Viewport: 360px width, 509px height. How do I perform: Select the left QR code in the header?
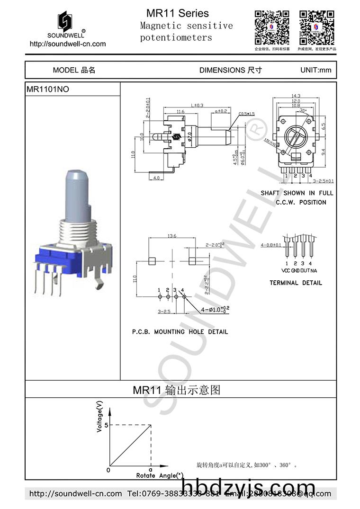coord(272,27)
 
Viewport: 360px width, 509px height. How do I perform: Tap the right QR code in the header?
coord(316,27)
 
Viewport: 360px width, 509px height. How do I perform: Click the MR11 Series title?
coord(178,13)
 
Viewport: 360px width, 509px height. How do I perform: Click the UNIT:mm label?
coord(315,70)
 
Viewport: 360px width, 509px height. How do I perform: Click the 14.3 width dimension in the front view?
coord(296,96)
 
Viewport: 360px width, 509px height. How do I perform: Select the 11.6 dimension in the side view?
coord(180,112)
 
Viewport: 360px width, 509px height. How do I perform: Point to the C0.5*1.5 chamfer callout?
coord(246,114)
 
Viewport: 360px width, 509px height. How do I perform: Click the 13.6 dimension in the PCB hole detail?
coord(172,236)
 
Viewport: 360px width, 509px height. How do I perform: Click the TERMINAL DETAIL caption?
coord(296,283)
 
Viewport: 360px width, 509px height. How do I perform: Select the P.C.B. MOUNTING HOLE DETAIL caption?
coord(180,332)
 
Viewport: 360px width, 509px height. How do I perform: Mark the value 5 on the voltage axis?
coord(106,425)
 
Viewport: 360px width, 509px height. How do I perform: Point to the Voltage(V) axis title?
coord(99,416)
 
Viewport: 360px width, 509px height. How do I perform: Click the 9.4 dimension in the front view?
coord(323,152)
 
